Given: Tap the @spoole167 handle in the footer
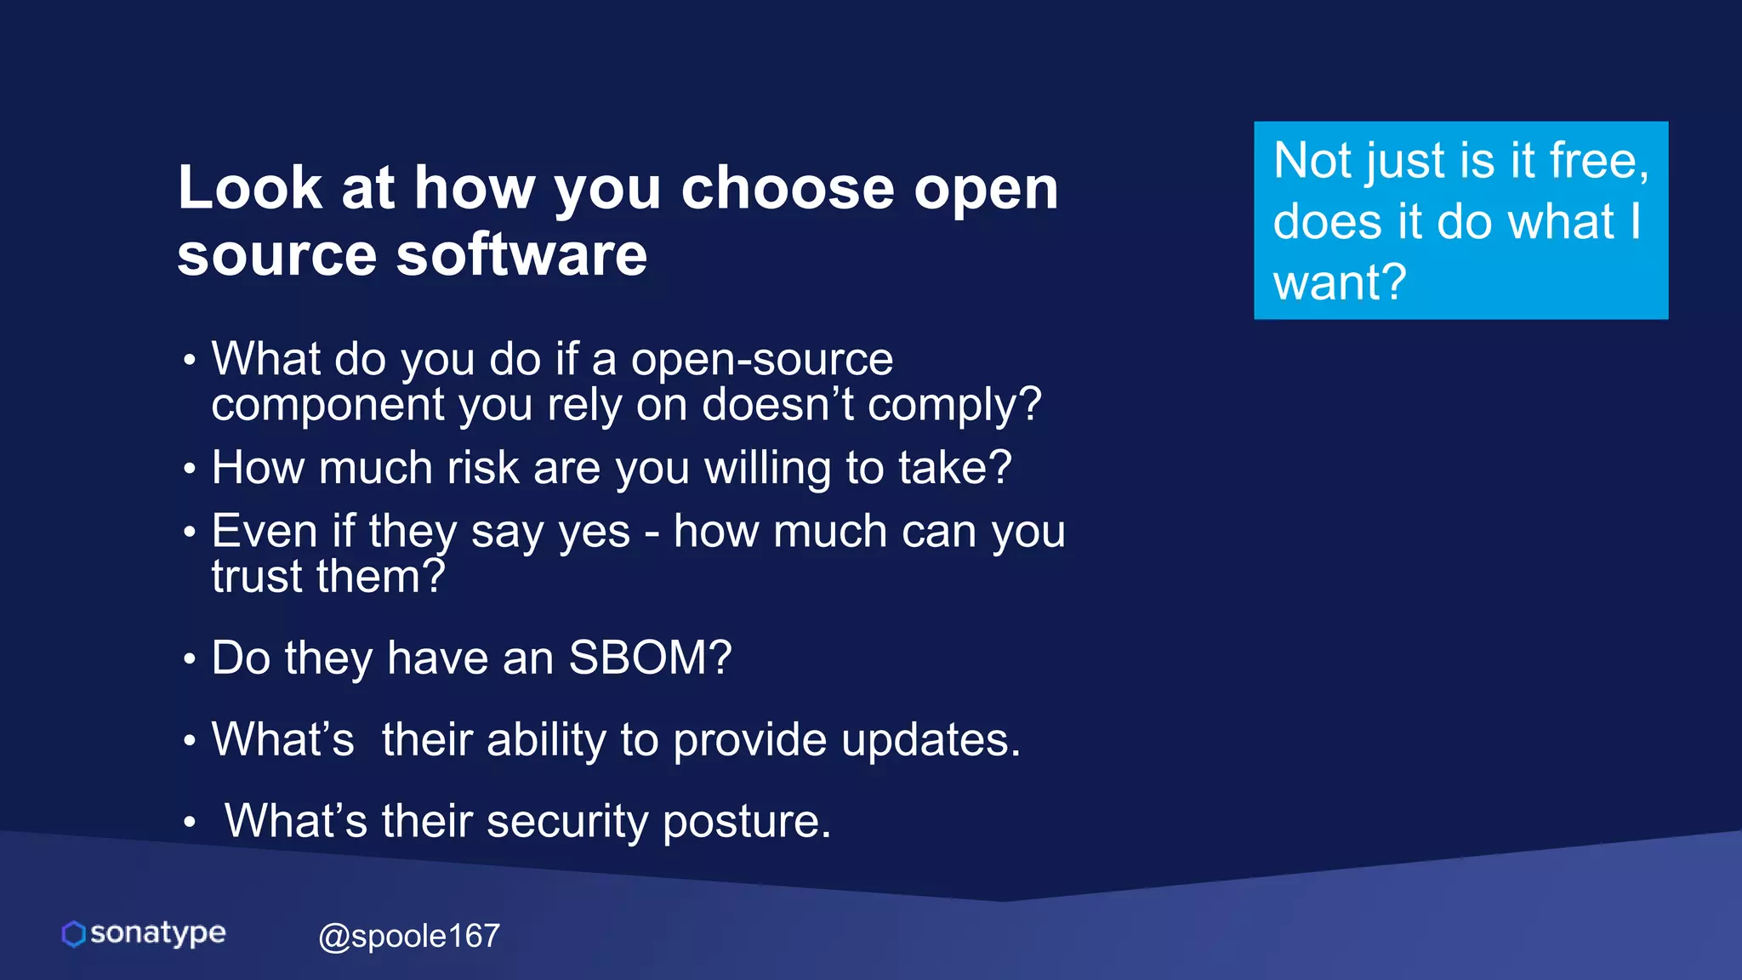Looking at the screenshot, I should coord(409,936).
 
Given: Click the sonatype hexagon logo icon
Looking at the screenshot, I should coord(74,933).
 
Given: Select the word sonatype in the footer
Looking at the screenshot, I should coord(157,932).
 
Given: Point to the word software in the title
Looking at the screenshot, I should coord(521,254).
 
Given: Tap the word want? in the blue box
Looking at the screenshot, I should coord(1340,282).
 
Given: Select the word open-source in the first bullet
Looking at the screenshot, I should coord(762,359).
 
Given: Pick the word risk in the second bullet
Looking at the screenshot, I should coord(483,468).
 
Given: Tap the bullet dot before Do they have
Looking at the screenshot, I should coord(189,659).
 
